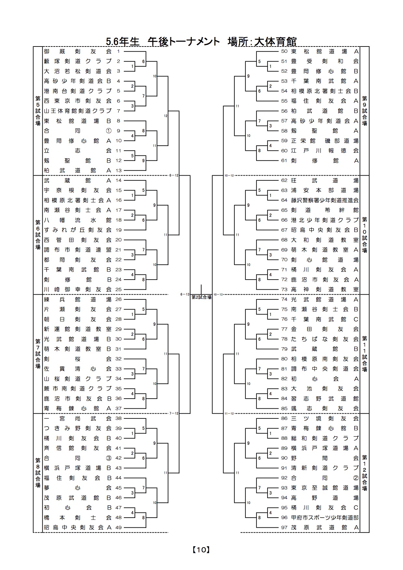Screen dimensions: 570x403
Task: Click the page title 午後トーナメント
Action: (184, 42)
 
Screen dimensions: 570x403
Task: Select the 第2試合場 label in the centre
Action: (201, 297)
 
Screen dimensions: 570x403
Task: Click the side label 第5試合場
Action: (38, 111)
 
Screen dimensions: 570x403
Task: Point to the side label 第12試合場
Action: (365, 473)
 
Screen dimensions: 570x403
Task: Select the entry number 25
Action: (118, 289)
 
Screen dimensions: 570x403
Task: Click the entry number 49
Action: (118, 527)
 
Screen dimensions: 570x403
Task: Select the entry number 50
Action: (284, 51)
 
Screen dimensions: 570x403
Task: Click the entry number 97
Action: (284, 527)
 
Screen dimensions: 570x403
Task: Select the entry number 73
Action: (284, 289)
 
